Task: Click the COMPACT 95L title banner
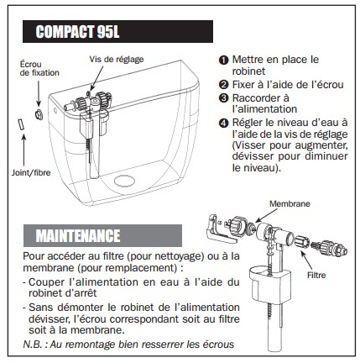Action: (x=117, y=31)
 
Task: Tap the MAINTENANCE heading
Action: (x=102, y=235)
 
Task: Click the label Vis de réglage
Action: (x=117, y=60)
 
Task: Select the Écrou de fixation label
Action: (x=39, y=69)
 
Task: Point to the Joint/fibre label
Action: (x=31, y=172)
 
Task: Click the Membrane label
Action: (x=290, y=203)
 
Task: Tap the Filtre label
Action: (x=316, y=275)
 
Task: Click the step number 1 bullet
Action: (x=223, y=60)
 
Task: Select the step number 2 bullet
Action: (x=223, y=85)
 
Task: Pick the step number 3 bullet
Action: (x=223, y=98)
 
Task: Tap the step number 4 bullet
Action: (x=223, y=123)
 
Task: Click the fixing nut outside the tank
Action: (x=39, y=114)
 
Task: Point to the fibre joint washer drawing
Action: (x=21, y=124)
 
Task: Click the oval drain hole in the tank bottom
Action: (x=124, y=181)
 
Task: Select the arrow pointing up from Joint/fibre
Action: (x=23, y=150)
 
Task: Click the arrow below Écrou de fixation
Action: (x=39, y=93)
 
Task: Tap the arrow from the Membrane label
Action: (x=266, y=215)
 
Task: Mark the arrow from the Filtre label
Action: (x=306, y=260)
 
